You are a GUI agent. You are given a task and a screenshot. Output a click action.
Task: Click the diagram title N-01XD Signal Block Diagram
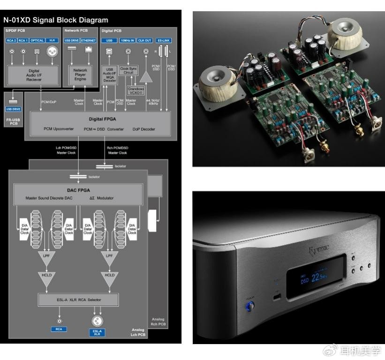click(x=56, y=20)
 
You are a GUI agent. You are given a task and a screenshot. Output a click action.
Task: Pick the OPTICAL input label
click(x=37, y=41)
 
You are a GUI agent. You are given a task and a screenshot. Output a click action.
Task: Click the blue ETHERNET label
click(x=88, y=41)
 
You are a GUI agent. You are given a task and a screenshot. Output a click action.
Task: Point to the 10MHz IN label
click(x=128, y=41)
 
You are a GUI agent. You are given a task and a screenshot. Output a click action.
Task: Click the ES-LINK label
click(x=165, y=41)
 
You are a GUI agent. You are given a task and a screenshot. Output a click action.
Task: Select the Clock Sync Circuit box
click(x=128, y=71)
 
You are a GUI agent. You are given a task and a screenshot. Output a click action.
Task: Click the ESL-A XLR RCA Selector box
click(x=78, y=300)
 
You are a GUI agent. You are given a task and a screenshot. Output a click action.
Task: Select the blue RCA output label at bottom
click(x=59, y=330)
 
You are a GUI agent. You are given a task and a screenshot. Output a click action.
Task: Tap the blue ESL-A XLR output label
click(x=97, y=332)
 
